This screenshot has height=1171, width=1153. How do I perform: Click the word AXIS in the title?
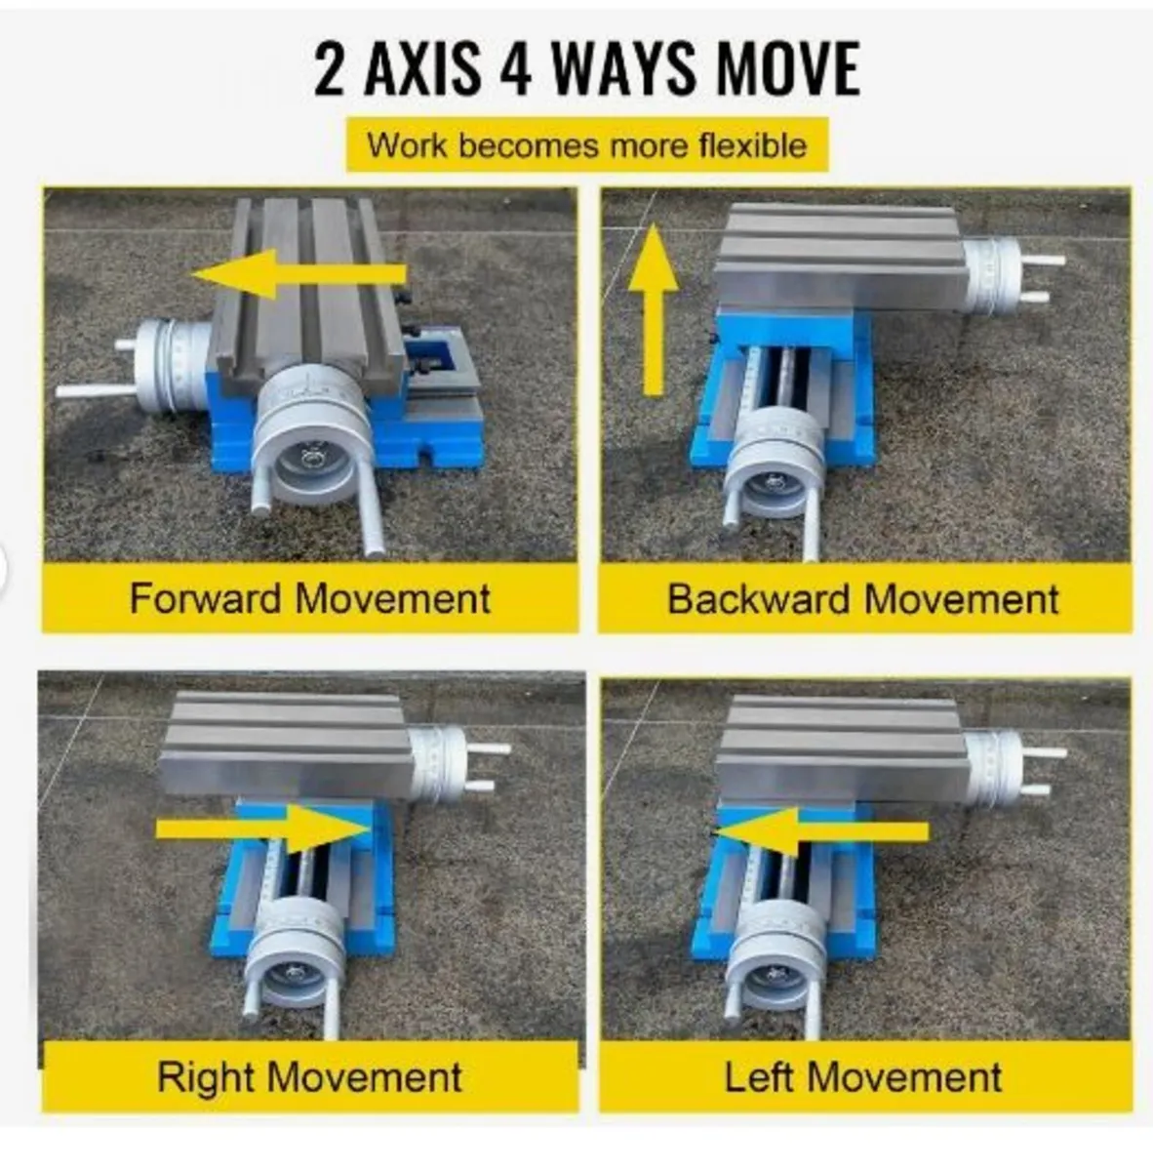pyautogui.click(x=421, y=68)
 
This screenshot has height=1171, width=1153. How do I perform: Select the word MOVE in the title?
pyautogui.click(x=787, y=68)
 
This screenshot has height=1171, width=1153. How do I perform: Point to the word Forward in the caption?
pyautogui.click(x=208, y=598)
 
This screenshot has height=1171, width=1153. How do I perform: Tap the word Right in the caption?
pyautogui.click(x=205, y=1076)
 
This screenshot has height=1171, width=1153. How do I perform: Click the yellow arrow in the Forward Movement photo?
pyautogui.click(x=298, y=274)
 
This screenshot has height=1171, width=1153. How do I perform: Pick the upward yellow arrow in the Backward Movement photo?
pyautogui.click(x=653, y=310)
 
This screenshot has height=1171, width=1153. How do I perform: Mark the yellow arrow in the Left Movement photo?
pyautogui.click(x=822, y=832)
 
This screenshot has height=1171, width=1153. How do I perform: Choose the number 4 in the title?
pyautogui.click(x=516, y=68)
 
